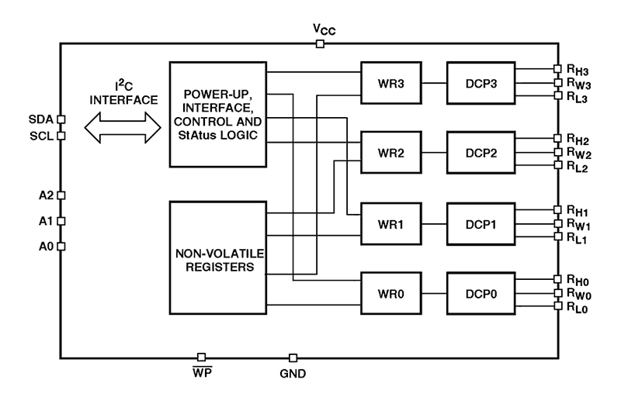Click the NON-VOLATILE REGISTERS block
[x=217, y=258]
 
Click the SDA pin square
[x=61, y=120]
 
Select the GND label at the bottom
[x=293, y=374]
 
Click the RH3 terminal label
[x=578, y=68]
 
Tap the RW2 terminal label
[x=578, y=153]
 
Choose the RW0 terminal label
[x=578, y=294]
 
